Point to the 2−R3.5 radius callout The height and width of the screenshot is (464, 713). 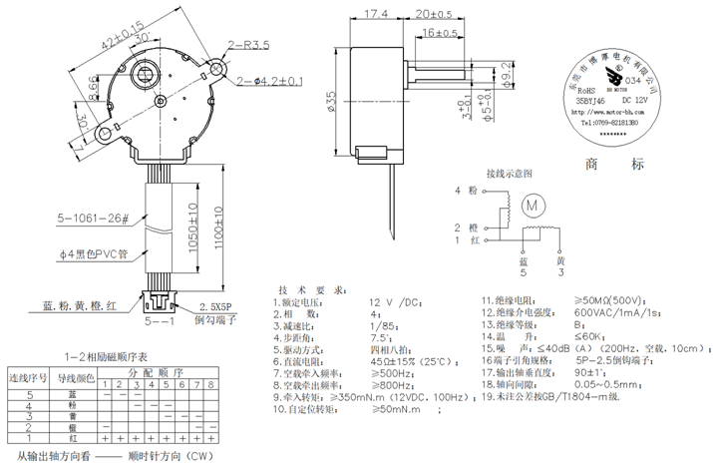tap(249, 45)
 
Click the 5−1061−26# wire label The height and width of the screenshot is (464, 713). tap(93, 218)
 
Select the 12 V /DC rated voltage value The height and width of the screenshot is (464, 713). tap(396, 300)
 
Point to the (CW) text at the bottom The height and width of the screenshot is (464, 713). tap(202, 456)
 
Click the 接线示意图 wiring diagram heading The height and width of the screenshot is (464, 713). tap(510, 173)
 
